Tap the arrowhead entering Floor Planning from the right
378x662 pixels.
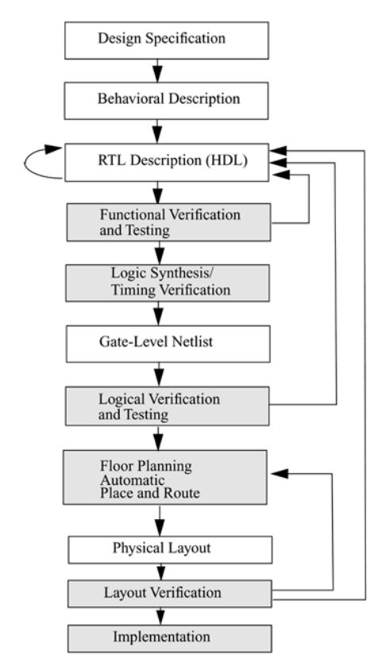tap(279, 474)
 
